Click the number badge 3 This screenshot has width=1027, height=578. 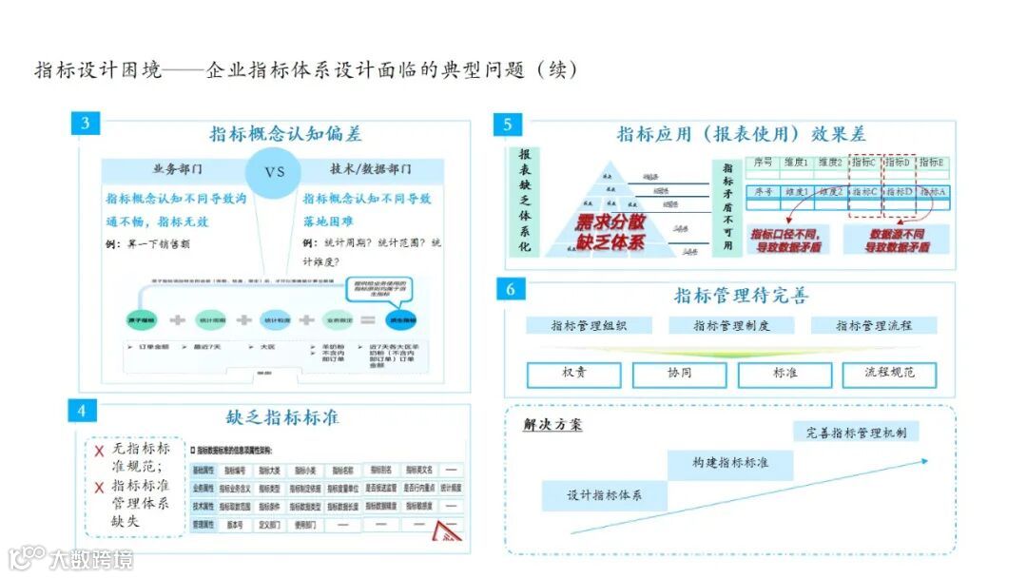pyautogui.click(x=86, y=124)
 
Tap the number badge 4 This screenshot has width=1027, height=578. pyautogui.click(x=82, y=411)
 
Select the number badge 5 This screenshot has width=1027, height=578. pyautogui.click(x=508, y=125)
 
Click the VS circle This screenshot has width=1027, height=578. pyautogui.click(x=274, y=172)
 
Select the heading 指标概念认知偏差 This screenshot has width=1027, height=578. pyautogui.click(x=285, y=134)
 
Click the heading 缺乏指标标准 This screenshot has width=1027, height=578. pyautogui.click(x=282, y=417)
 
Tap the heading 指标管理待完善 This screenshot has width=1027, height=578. pyautogui.click(x=741, y=296)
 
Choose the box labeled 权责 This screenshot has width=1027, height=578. pyautogui.click(x=574, y=374)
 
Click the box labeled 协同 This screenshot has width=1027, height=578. pyautogui.click(x=679, y=374)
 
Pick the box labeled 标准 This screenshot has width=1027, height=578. pyautogui.click(x=785, y=374)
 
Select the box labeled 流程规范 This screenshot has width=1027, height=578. pyautogui.click(x=889, y=374)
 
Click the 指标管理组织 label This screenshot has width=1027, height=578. pyautogui.click(x=588, y=325)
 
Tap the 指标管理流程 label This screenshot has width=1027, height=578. pyautogui.click(x=874, y=325)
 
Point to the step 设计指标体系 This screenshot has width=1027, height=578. pyautogui.click(x=604, y=495)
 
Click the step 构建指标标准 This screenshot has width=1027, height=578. pyautogui.click(x=730, y=463)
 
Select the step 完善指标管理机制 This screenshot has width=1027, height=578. pyautogui.click(x=856, y=433)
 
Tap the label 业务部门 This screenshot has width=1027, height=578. pyautogui.click(x=178, y=170)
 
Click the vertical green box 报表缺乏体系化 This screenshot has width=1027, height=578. pyautogui.click(x=524, y=201)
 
